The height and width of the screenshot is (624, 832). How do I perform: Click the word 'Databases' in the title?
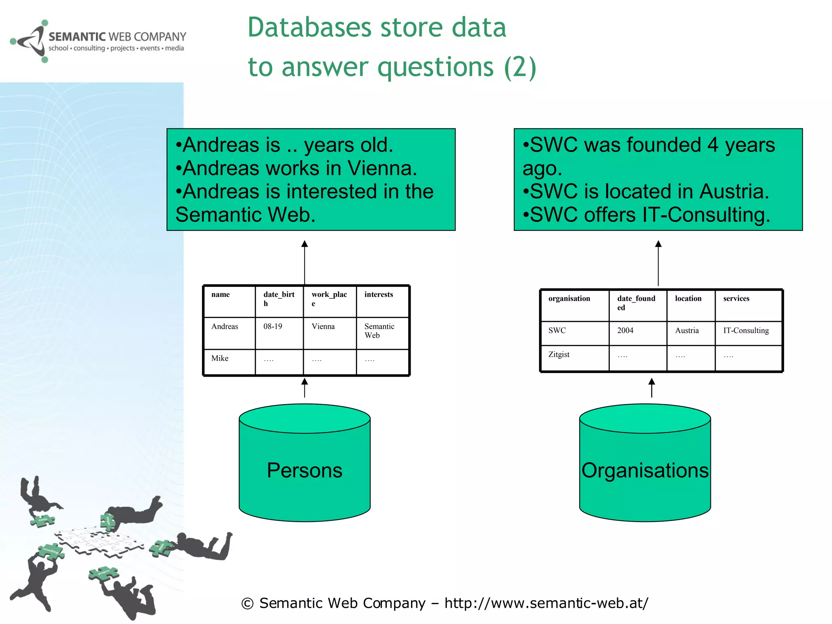[x=309, y=28]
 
